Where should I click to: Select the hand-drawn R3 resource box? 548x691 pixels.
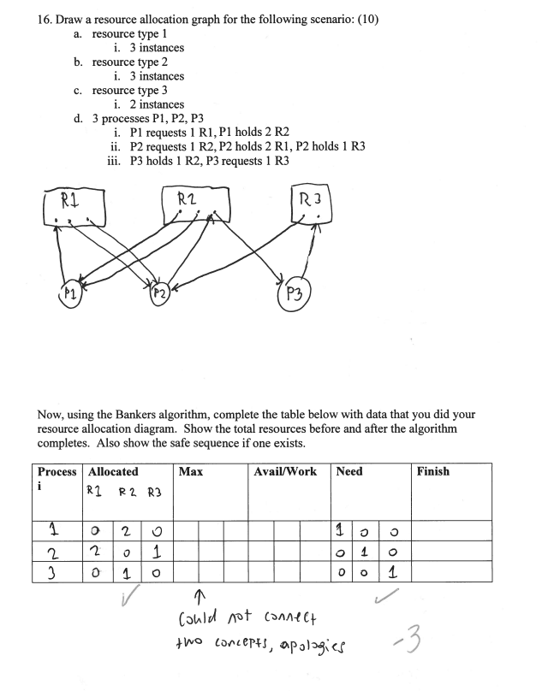click(x=312, y=206)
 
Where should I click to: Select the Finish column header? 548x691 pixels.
click(x=432, y=471)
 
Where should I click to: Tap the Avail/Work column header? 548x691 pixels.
click(x=285, y=471)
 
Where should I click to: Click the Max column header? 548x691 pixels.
click(x=191, y=471)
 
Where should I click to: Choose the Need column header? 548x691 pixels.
click(x=349, y=471)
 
